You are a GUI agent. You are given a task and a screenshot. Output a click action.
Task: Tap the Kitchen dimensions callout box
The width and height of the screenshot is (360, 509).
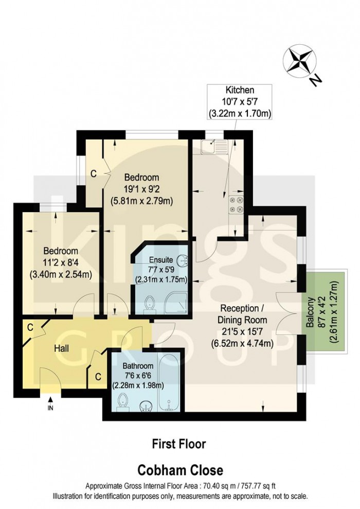[239, 101]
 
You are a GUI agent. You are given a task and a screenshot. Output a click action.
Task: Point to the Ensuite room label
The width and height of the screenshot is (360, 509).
[160, 260]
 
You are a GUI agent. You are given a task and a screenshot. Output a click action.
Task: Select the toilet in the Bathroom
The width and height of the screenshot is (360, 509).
[122, 401]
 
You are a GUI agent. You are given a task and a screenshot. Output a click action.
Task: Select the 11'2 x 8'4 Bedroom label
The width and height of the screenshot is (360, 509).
[61, 262]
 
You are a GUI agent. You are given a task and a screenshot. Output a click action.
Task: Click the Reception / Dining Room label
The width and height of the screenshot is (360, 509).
[242, 326]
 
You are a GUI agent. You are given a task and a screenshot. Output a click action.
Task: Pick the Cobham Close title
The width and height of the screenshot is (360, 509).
[179, 470]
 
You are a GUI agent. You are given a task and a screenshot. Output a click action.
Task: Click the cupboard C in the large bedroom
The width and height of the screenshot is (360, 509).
[93, 173]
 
